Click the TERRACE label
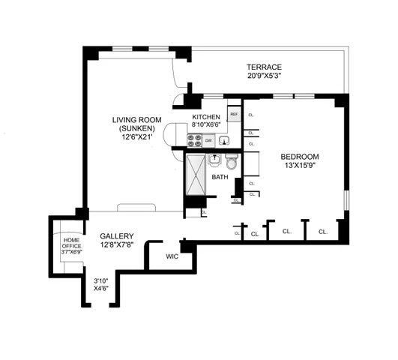(x=269, y=66)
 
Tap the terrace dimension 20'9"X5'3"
(x=269, y=76)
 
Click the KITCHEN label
(x=205, y=118)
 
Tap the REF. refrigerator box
(x=234, y=115)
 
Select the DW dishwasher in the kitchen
(x=209, y=140)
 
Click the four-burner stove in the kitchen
(x=194, y=140)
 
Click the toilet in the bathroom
(x=232, y=163)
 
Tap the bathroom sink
(x=214, y=160)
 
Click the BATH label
(x=220, y=178)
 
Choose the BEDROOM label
(x=300, y=157)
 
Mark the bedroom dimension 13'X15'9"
(x=300, y=166)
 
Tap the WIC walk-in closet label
(x=171, y=256)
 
